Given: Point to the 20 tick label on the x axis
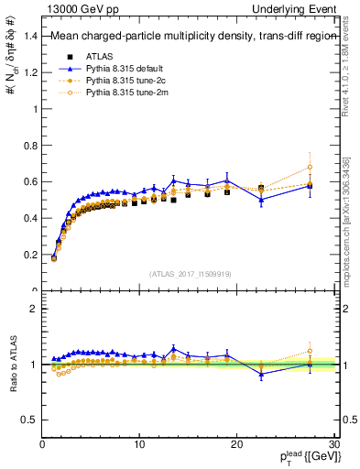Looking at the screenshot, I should click(236, 443).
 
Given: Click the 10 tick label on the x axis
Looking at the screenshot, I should click(139, 443).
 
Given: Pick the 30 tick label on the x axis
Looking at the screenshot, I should click(333, 443).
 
